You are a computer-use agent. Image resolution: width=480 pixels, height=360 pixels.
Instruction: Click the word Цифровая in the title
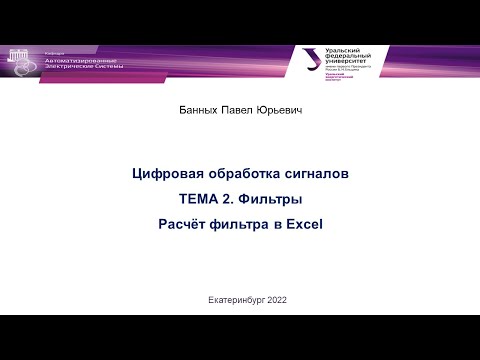[x=164, y=174]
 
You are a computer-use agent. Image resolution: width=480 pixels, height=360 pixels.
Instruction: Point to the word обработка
[x=239, y=174]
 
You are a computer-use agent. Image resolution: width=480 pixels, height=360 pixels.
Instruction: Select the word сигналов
[x=314, y=174]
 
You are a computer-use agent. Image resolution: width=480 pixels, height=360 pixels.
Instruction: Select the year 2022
[x=282, y=301]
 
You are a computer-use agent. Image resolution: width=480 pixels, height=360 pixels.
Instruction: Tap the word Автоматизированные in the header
[x=81, y=60]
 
